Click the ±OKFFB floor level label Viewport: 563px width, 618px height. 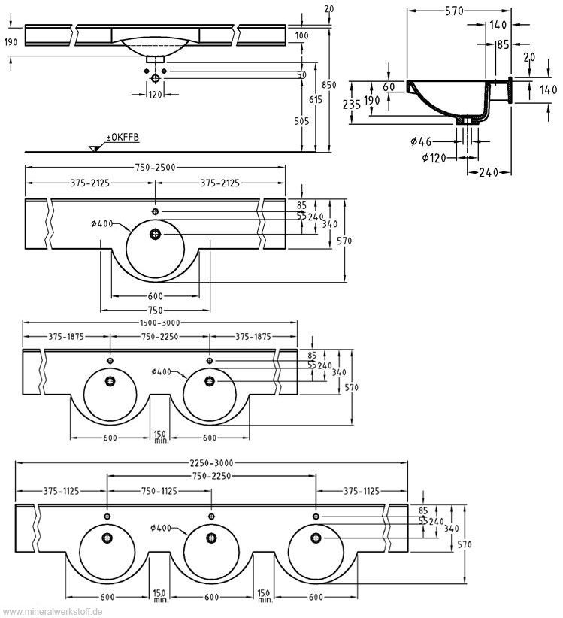122,138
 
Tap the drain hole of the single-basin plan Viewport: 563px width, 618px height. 156,233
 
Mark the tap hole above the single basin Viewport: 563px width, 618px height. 156,210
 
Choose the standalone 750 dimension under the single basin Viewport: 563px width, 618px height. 156,309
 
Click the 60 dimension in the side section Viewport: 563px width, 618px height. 389,86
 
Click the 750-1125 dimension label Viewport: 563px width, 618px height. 159,491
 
